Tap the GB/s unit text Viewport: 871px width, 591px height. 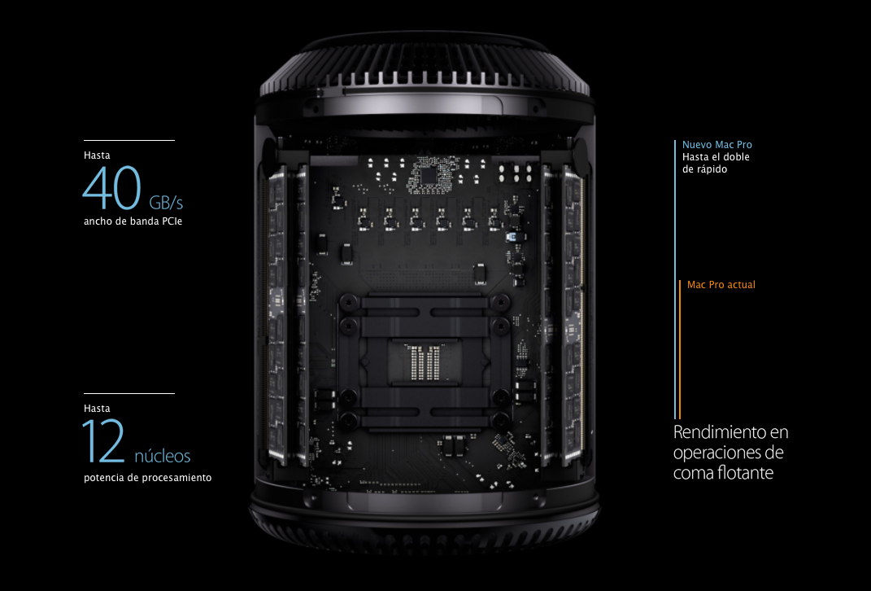pyautogui.click(x=166, y=202)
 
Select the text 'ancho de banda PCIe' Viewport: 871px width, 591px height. pyautogui.click(x=133, y=221)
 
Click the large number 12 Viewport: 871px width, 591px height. pyautogui.click(x=104, y=441)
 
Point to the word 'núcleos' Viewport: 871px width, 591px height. pyautogui.click(x=162, y=456)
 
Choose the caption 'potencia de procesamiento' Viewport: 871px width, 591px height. pyautogui.click(x=148, y=478)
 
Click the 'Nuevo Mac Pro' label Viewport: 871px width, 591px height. pyautogui.click(x=717, y=145)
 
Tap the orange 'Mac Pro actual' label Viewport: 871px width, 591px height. pyautogui.click(x=721, y=285)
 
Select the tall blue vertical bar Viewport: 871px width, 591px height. pyautogui.click(x=675, y=279)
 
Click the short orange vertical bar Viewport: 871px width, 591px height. pyautogui.click(x=680, y=349)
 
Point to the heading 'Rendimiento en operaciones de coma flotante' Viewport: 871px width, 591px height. pyautogui.click(x=730, y=452)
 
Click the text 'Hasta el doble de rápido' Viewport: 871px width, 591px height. pyautogui.click(x=716, y=164)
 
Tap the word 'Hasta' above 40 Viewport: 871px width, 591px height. pyautogui.click(x=98, y=155)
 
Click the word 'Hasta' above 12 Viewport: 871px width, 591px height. pyautogui.click(x=98, y=409)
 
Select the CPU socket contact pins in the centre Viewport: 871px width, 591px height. pyautogui.click(x=424, y=362)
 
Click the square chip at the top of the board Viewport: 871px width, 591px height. pyautogui.click(x=429, y=177)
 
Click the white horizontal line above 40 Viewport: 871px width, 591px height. pyautogui.click(x=129, y=140)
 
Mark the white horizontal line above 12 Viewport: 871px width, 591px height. pyautogui.click(x=129, y=393)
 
